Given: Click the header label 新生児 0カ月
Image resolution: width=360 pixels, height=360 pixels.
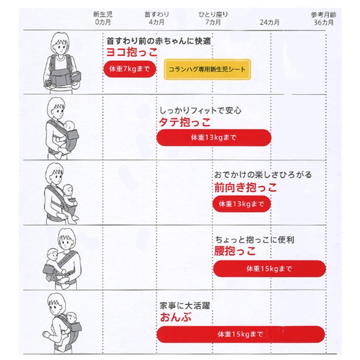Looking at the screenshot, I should [x=103, y=18].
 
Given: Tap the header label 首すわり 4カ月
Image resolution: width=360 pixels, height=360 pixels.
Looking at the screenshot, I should [x=156, y=18].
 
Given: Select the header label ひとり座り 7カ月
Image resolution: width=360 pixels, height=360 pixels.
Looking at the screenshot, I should [x=213, y=18].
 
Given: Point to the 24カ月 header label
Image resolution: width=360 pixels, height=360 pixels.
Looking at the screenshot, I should [x=270, y=22].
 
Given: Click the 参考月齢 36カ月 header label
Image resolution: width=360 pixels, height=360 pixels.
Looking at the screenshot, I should [x=324, y=18].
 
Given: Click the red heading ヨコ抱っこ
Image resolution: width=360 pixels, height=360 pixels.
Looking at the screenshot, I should [x=132, y=53].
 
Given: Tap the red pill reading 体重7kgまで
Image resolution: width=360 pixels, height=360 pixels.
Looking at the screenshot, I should [x=129, y=69].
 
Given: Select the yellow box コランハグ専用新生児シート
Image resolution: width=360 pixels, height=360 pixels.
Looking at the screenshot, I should [x=207, y=70].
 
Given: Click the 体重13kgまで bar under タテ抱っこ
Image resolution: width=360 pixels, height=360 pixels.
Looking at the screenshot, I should [x=213, y=138].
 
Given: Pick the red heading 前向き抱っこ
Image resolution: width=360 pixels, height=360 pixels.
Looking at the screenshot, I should [x=246, y=187].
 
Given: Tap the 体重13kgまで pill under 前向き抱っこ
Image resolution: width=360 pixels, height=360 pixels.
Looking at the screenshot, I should [x=241, y=203].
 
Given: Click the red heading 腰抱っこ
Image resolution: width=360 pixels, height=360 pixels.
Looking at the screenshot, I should [x=234, y=251].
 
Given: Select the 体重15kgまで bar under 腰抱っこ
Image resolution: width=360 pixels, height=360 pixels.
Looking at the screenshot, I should [x=269, y=269].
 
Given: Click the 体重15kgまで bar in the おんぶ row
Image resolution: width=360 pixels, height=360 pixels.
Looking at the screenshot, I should [x=240, y=334].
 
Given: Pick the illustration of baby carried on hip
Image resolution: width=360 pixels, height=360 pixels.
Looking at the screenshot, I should [x=61, y=257].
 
